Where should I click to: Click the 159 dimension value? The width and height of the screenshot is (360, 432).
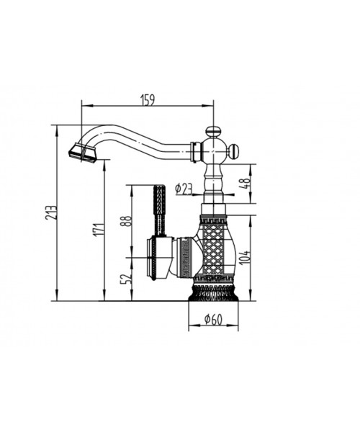(148, 99)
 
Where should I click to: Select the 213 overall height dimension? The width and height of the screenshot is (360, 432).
(52, 212)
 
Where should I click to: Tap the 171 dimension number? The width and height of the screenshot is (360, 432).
(100, 229)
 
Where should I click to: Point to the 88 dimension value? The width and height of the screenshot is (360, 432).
(127, 221)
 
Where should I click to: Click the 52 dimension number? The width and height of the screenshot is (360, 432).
(127, 279)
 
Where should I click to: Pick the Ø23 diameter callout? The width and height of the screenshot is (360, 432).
(184, 189)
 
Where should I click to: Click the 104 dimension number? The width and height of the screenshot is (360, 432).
(246, 256)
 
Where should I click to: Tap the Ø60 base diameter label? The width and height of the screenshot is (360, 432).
(213, 319)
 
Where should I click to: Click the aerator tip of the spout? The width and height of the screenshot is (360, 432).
(82, 153)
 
